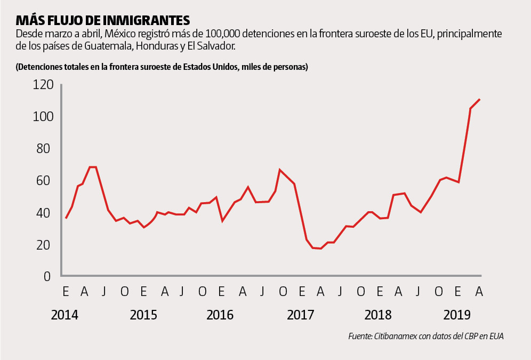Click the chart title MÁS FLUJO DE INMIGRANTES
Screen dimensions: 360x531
click(103, 20)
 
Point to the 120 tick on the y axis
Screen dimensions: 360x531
click(43, 85)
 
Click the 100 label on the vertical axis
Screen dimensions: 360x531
click(43, 117)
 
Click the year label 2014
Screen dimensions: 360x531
click(65, 315)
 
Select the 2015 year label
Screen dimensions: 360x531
click(143, 315)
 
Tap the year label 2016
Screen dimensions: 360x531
click(220, 315)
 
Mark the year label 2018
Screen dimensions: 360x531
click(378, 315)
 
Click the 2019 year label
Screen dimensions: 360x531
click(457, 315)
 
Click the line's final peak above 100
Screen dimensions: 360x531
click(480, 99)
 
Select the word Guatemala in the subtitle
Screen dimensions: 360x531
click(109, 46)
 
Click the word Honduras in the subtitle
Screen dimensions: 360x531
click(157, 46)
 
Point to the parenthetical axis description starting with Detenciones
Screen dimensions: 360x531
click(162, 67)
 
